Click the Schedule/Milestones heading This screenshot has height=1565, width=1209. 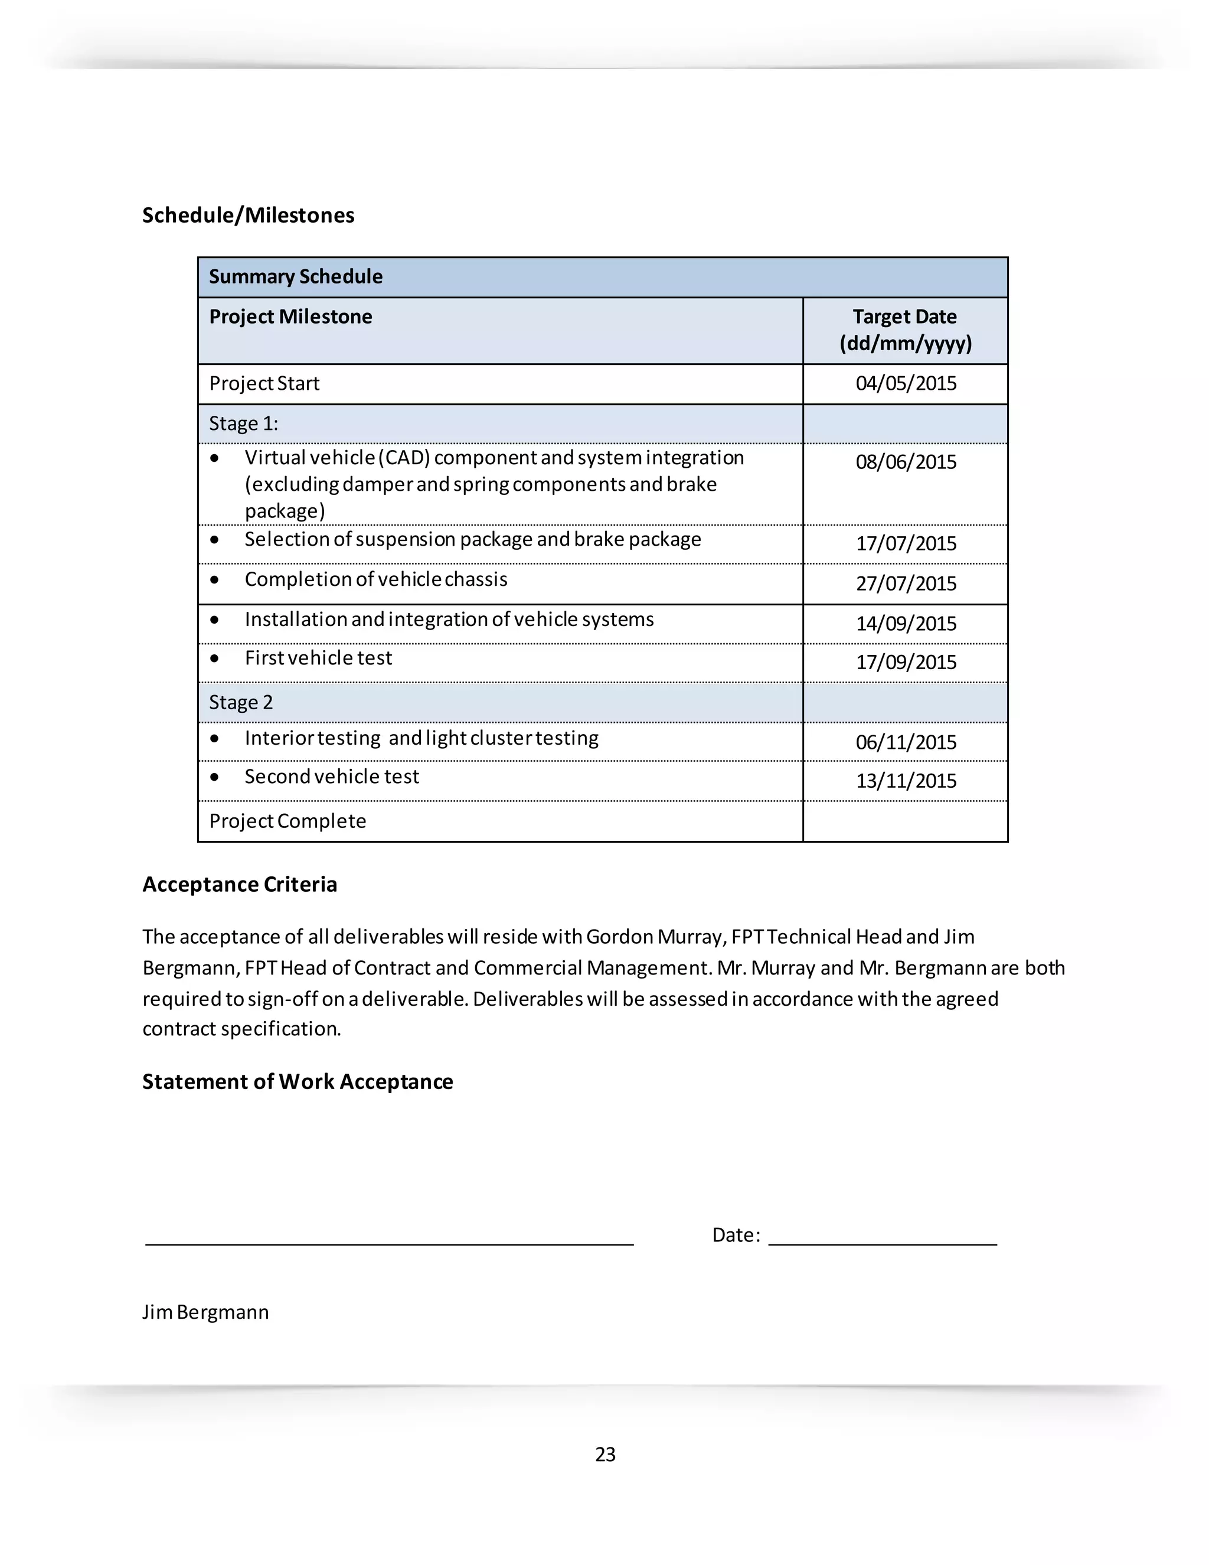[248, 215]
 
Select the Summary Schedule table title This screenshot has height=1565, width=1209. [295, 276]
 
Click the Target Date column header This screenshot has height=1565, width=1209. [906, 330]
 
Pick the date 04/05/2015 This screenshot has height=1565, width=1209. [906, 383]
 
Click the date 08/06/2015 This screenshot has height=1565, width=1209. [906, 462]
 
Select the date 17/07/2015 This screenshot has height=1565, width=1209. [906, 544]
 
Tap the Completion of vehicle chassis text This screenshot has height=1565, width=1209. [376, 579]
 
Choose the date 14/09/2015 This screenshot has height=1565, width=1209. [906, 624]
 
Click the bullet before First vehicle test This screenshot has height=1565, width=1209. [214, 658]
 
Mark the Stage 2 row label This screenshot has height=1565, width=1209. [241, 702]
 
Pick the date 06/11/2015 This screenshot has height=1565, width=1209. [906, 742]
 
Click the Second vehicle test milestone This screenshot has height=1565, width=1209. [332, 777]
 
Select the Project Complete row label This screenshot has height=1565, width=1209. [287, 821]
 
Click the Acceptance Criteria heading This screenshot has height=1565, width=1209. [239, 884]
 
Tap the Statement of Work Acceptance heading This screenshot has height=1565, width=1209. [298, 1081]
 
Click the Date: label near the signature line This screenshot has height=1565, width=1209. [736, 1235]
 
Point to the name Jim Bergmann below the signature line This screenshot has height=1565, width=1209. [205, 1312]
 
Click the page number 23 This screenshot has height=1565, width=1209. [605, 1454]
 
